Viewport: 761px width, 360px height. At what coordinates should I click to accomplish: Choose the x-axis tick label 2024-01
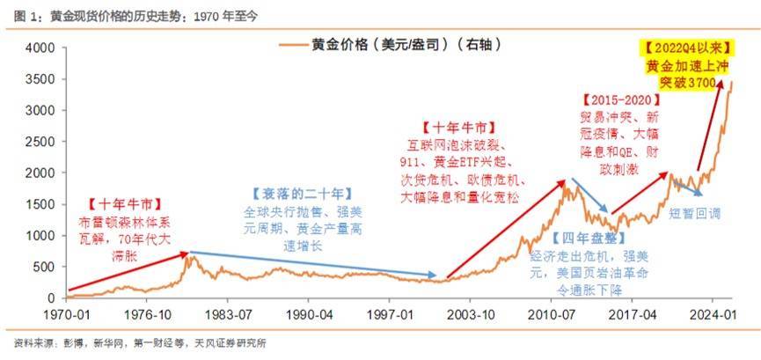click(x=712, y=313)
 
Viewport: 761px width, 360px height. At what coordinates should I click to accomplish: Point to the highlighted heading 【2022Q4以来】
click(x=684, y=47)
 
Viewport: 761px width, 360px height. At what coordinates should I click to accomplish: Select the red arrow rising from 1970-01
click(x=128, y=270)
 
